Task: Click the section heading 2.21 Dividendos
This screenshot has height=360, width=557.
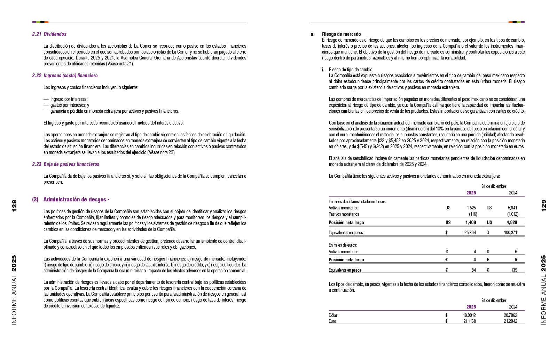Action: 49,34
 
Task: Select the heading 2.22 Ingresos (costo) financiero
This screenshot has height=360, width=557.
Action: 65,75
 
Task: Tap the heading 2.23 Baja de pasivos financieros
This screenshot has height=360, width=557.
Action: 65,164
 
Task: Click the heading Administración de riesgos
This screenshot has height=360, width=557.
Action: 76,199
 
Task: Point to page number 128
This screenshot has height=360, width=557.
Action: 14,206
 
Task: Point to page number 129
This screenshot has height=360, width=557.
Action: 543,206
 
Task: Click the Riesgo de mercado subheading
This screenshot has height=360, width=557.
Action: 341,34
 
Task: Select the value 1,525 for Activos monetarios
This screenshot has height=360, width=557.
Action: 471,208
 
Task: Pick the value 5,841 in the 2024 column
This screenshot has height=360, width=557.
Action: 512,208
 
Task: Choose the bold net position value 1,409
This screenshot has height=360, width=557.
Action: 471,223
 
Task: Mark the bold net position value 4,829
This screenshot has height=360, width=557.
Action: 512,223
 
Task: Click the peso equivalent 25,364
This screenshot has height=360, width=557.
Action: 470,233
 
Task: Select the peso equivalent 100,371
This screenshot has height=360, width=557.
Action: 510,233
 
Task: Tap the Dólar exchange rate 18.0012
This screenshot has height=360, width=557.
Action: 469,315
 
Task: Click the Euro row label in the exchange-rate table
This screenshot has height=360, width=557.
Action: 332,321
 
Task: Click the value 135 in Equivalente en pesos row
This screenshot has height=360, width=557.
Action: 514,270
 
